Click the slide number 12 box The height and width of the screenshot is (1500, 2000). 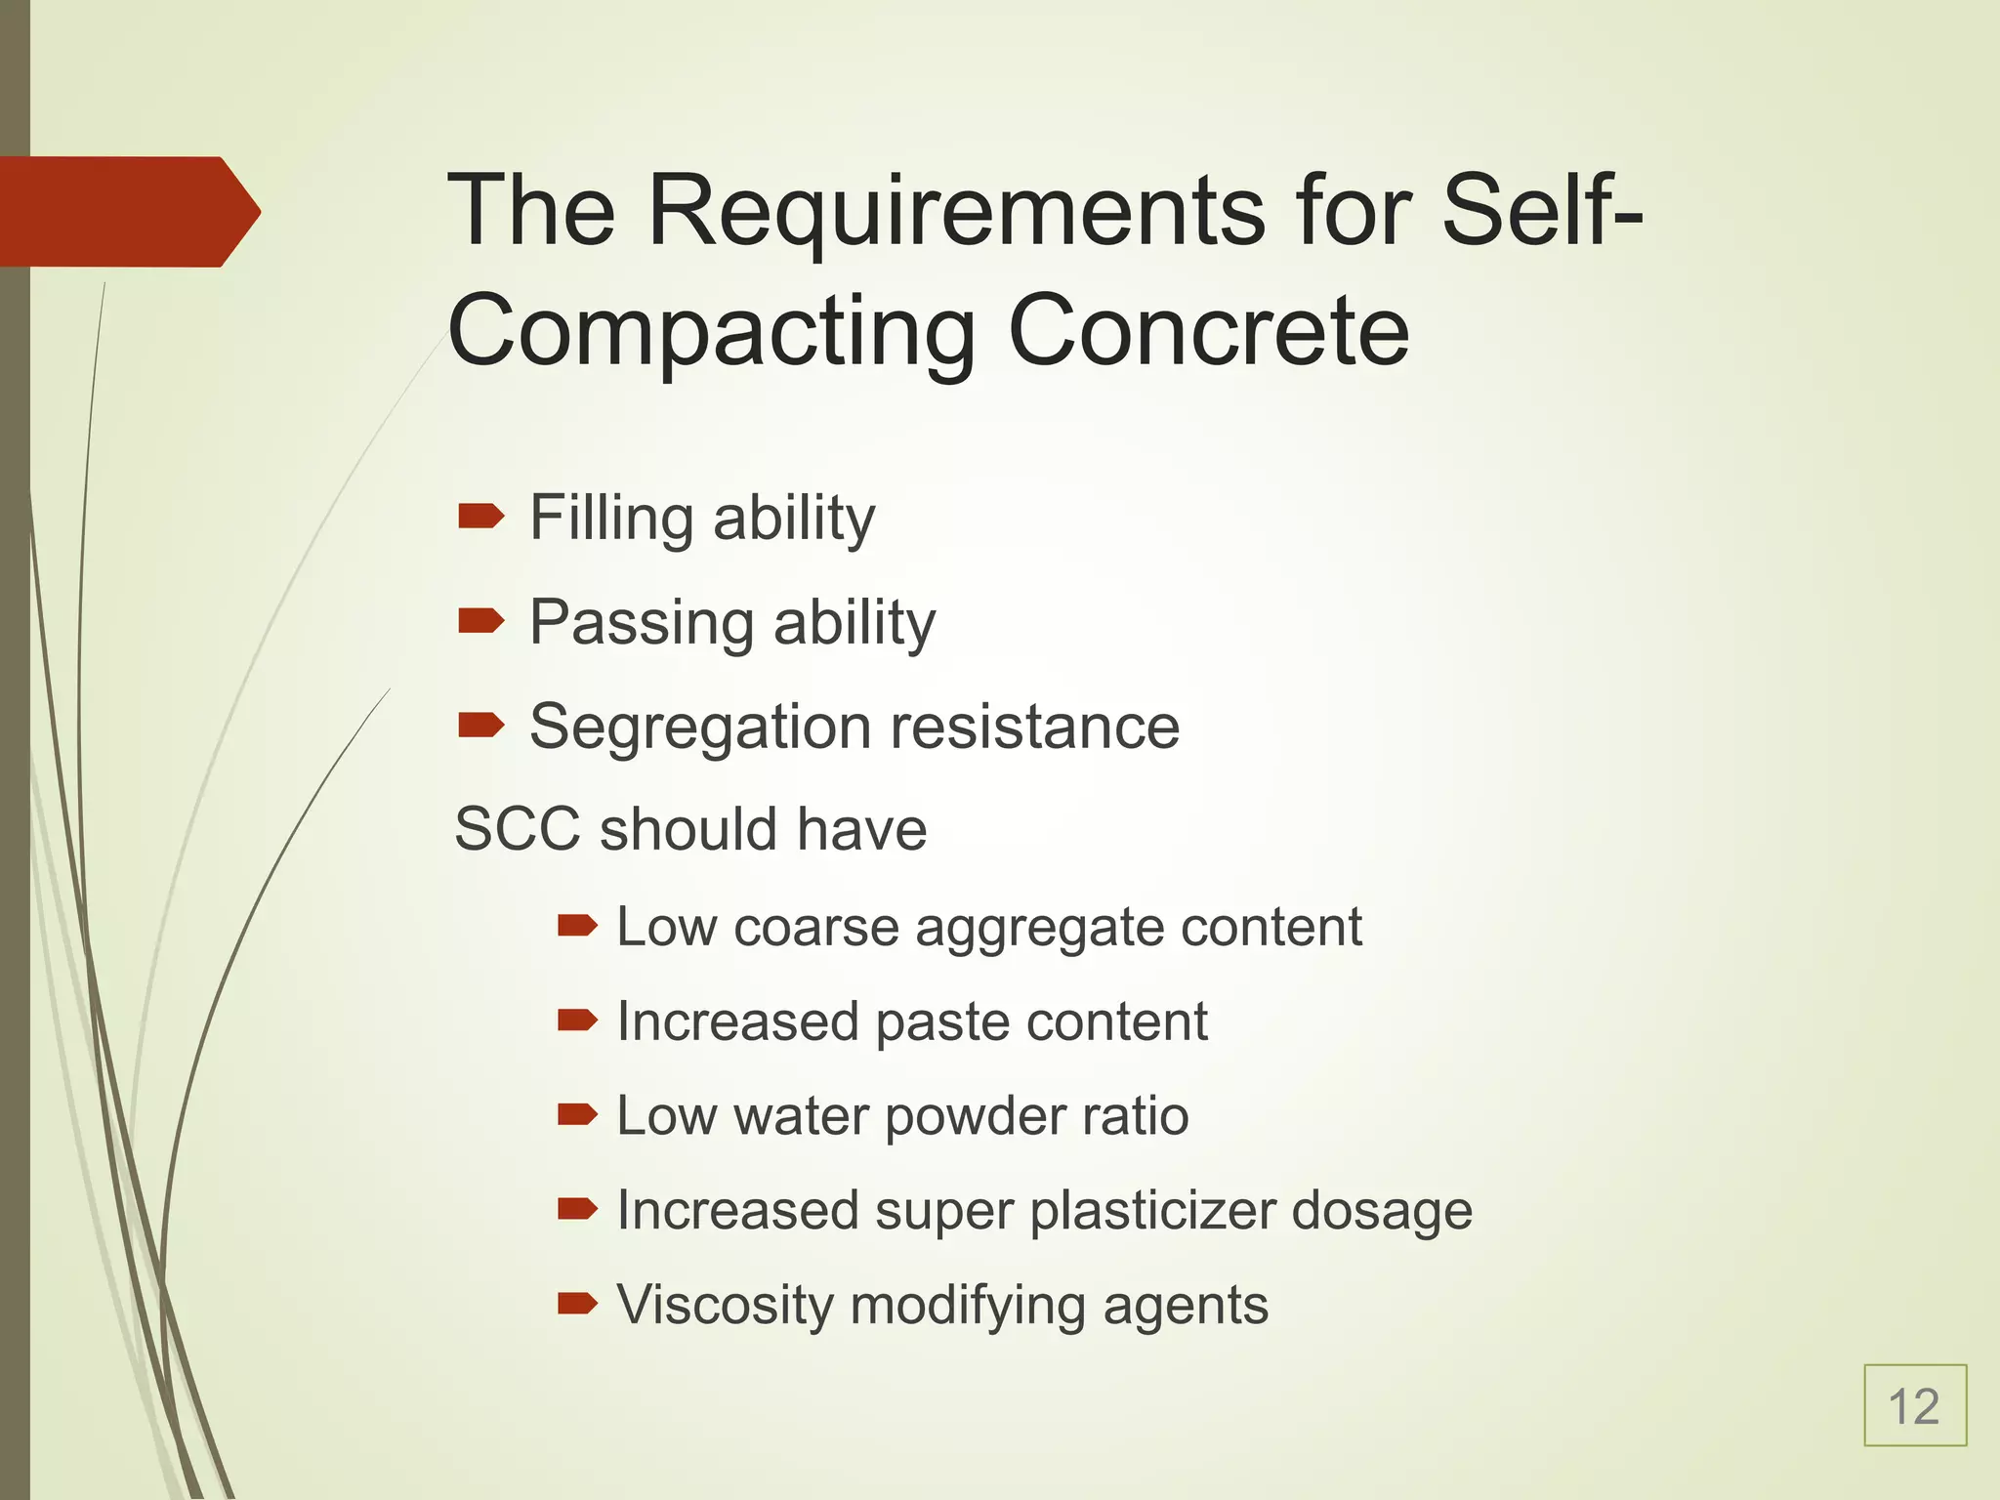(x=1914, y=1406)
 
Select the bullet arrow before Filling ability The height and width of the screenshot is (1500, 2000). (x=480, y=516)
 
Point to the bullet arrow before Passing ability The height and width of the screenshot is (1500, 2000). (x=480, y=620)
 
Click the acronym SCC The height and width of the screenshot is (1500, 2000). (x=518, y=829)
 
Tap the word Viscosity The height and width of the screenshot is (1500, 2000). (x=724, y=1307)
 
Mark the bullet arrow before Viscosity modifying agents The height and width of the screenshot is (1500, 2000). (x=576, y=1303)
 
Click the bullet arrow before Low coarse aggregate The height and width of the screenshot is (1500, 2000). (x=576, y=925)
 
